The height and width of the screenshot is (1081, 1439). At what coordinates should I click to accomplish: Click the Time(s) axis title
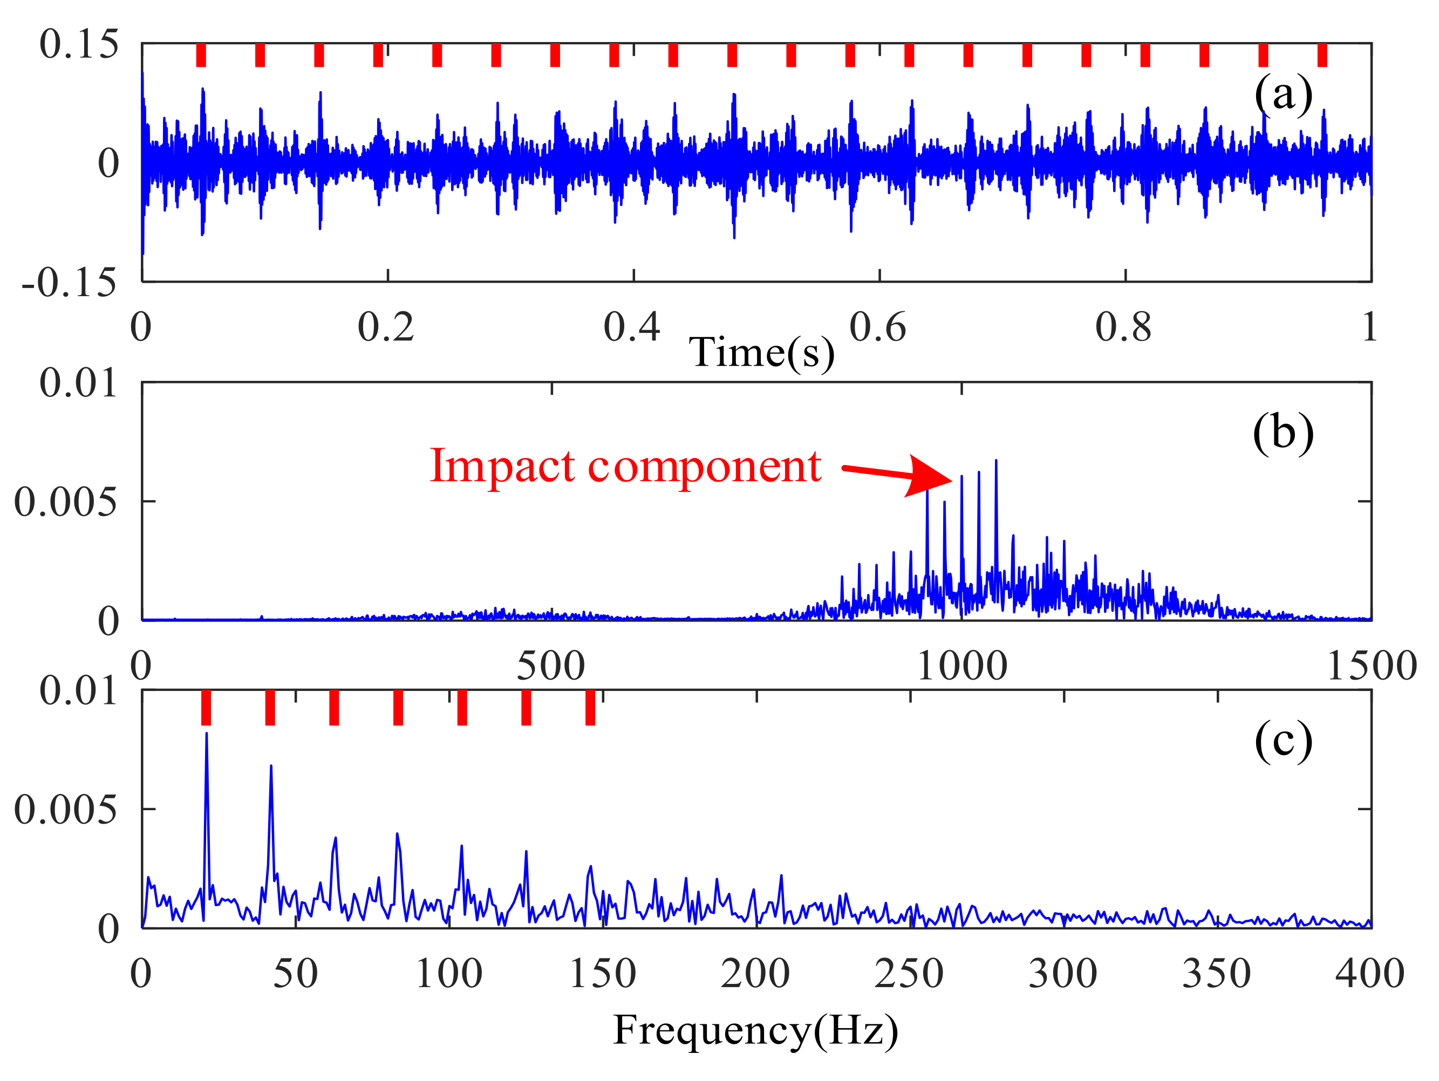pyautogui.click(x=761, y=353)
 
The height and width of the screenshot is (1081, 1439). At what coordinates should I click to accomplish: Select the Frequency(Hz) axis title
pyautogui.click(x=755, y=1030)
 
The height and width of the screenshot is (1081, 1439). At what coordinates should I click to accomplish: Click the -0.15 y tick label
pyautogui.click(x=69, y=283)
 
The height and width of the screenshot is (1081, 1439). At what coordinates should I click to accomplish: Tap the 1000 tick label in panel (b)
pyautogui.click(x=961, y=666)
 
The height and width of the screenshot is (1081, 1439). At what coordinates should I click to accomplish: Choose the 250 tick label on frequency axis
pyautogui.click(x=909, y=974)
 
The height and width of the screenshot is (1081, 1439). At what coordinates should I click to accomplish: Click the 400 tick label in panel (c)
pyautogui.click(x=1370, y=974)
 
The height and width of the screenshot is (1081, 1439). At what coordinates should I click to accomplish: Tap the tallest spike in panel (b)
pyautogui.click(x=996, y=461)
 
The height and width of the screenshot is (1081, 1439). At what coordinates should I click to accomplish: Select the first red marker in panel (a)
pyautogui.click(x=201, y=54)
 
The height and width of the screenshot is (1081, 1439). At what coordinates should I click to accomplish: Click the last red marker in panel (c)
pyautogui.click(x=590, y=707)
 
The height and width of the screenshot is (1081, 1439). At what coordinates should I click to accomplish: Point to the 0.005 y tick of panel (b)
pyautogui.click(x=65, y=502)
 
